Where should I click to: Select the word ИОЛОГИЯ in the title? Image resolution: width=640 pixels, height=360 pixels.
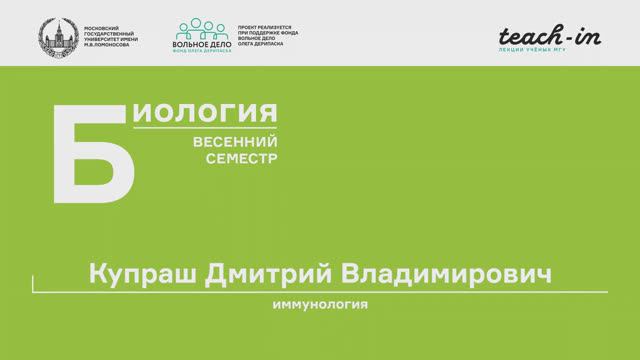click(x=205, y=112)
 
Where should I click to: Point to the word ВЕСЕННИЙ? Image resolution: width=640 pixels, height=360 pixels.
click(x=235, y=141)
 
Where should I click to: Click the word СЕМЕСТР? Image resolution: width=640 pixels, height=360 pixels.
click(x=241, y=159)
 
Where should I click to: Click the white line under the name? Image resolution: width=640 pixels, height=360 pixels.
click(x=320, y=291)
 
